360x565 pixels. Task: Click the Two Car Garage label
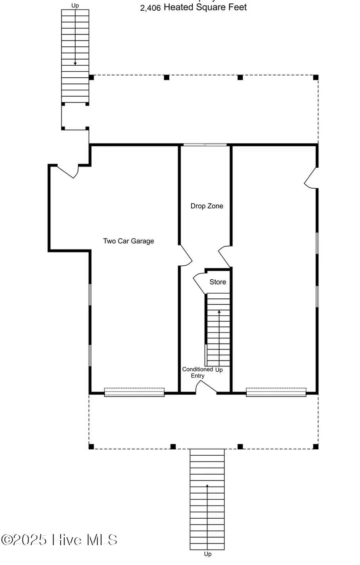[x=128, y=241]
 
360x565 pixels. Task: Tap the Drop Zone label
[x=207, y=206]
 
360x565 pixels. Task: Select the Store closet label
[x=218, y=282]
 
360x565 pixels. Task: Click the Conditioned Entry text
[x=197, y=372]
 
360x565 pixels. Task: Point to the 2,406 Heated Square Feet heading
[x=193, y=7]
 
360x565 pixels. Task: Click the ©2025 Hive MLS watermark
[x=59, y=540]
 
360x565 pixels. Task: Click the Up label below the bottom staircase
[x=207, y=554]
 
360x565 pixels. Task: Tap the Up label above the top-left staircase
[x=75, y=6]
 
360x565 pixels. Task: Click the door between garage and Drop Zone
[x=186, y=256]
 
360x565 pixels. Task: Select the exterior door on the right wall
[x=311, y=178]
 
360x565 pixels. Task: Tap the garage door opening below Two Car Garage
[x=134, y=393]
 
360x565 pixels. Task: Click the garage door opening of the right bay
[x=276, y=393]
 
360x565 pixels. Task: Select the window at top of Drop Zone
[x=205, y=145]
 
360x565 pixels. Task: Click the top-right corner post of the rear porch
[x=316, y=77]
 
